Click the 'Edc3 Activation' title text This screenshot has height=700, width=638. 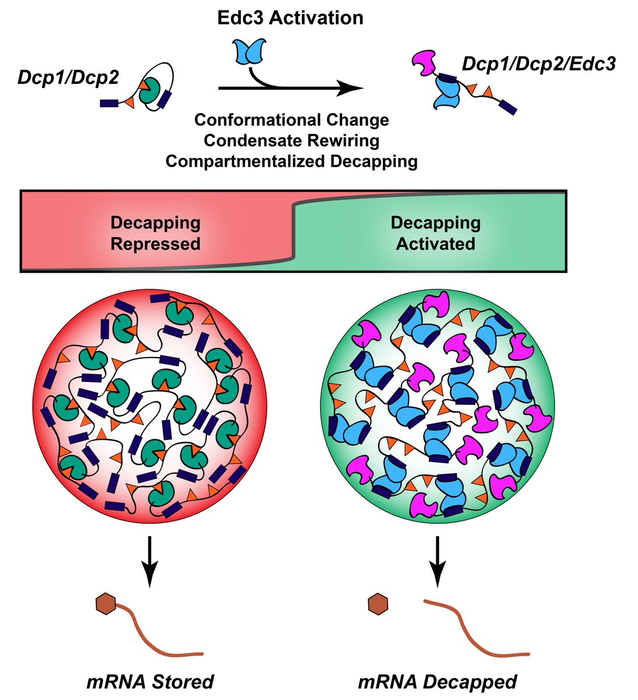(x=290, y=18)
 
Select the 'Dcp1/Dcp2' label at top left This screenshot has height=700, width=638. (x=68, y=78)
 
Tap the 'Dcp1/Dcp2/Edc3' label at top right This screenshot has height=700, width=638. (x=538, y=64)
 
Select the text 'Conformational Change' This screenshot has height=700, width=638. (x=291, y=120)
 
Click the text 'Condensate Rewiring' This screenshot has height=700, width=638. (x=291, y=140)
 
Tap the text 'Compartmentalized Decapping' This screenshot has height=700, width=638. (x=291, y=161)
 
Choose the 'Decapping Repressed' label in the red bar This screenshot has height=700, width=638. (x=155, y=233)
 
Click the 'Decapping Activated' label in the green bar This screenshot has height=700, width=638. (x=435, y=233)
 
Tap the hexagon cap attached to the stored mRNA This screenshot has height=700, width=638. (x=106, y=604)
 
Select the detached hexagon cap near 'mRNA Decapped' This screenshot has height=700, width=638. (x=378, y=604)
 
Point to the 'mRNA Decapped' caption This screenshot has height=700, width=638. (x=437, y=681)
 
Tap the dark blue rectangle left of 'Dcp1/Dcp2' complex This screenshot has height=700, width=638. (x=109, y=103)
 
